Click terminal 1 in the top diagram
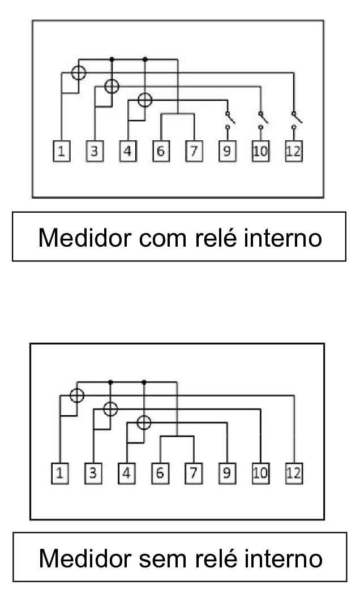(x=61, y=151)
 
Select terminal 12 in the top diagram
(x=294, y=151)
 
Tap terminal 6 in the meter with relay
(x=161, y=151)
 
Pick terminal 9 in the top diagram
(x=228, y=151)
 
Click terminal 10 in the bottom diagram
(x=260, y=473)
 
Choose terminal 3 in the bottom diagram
(x=93, y=473)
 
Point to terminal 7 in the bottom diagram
(x=194, y=473)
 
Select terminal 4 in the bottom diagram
(x=127, y=473)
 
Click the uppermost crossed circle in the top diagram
(x=79, y=73)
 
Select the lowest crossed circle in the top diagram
(x=145, y=100)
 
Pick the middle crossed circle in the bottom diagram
(x=110, y=409)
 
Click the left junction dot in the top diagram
(x=112, y=59)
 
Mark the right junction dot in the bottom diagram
(x=144, y=382)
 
